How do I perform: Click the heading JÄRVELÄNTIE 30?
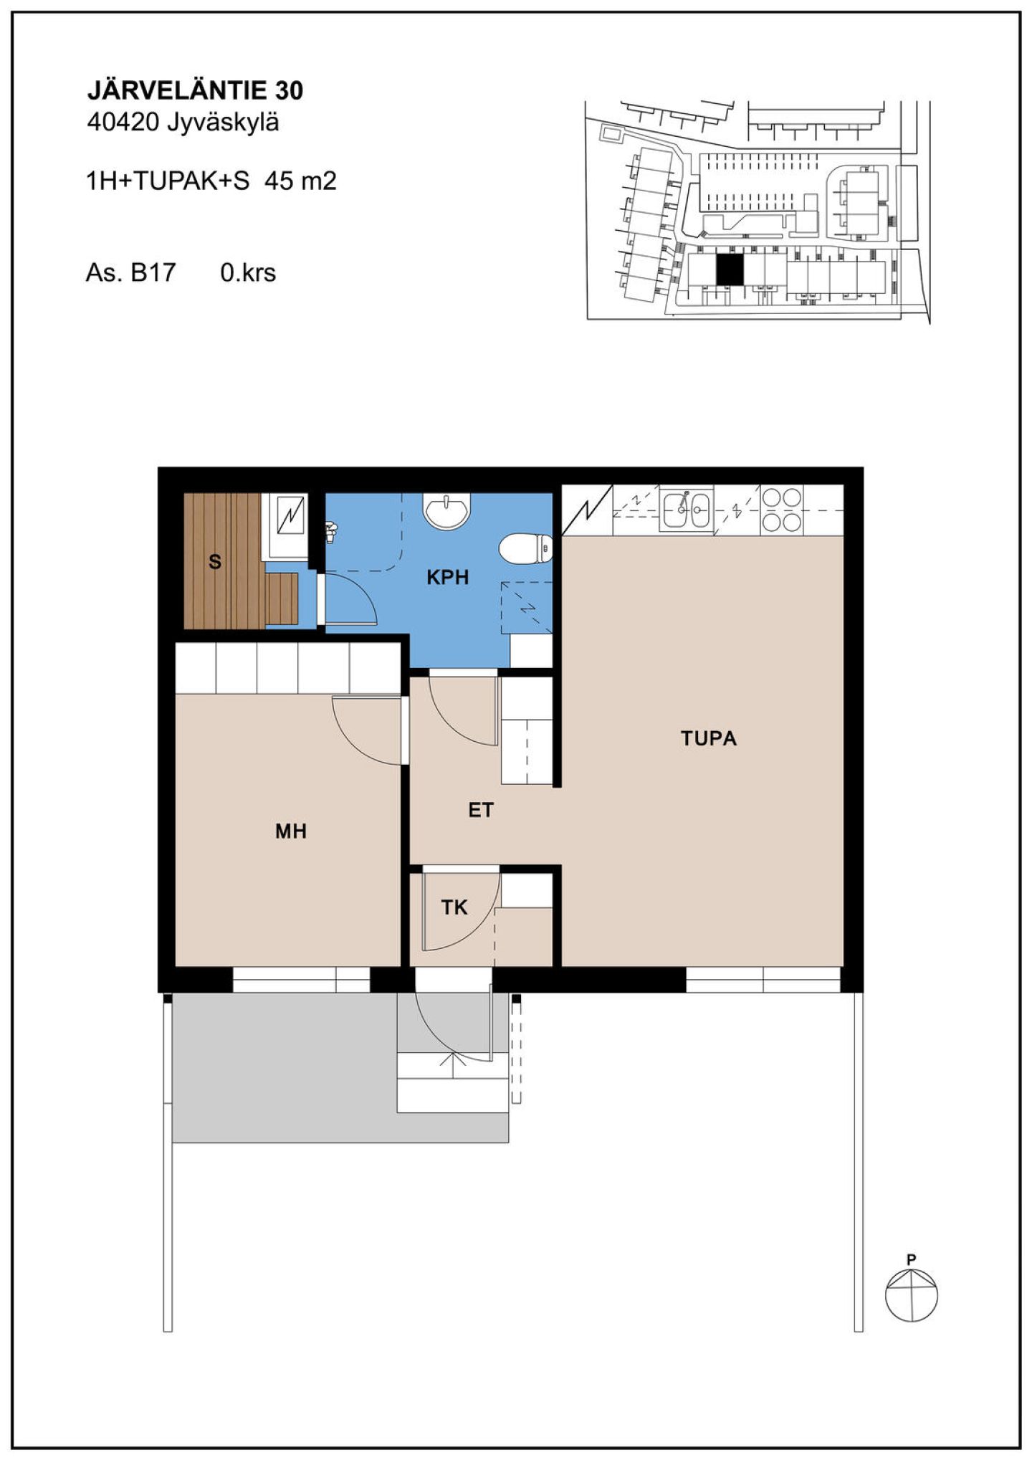tap(195, 90)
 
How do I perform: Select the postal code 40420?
tap(122, 123)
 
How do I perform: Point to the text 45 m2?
tap(300, 181)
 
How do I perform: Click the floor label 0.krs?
tap(248, 273)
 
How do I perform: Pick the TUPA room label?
tap(709, 738)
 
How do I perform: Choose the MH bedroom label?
tap(291, 831)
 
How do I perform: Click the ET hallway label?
tap(481, 811)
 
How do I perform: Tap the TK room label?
tap(454, 907)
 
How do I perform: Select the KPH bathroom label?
tap(448, 577)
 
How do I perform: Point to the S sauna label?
tap(215, 563)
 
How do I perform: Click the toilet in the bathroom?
tap(526, 549)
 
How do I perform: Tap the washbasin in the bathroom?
tap(447, 511)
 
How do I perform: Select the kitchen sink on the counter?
tap(687, 510)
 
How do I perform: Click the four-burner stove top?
tap(782, 510)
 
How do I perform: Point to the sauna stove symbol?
tap(292, 516)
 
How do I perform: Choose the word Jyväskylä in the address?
tap(223, 124)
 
